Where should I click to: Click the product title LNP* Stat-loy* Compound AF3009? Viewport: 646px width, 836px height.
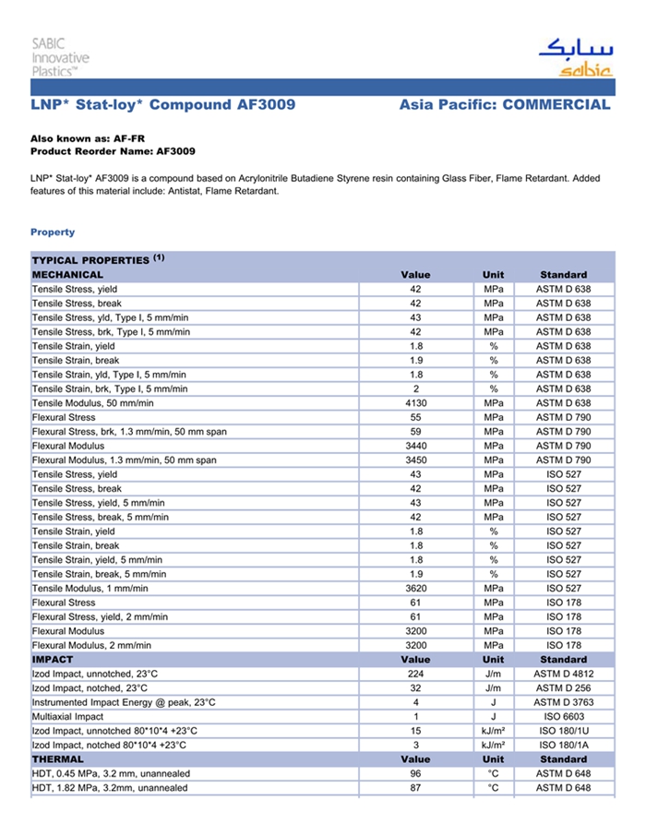[163, 105]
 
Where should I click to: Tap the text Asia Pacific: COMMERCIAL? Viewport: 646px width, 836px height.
[505, 105]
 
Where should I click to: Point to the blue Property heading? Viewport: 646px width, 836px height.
[53, 232]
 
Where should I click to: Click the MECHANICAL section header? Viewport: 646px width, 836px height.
[68, 275]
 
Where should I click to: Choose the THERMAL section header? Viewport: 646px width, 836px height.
[58, 759]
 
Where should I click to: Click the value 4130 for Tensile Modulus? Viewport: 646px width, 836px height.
[415, 403]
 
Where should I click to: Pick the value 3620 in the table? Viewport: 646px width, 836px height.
[415, 588]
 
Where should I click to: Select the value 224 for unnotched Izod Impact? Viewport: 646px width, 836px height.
[415, 675]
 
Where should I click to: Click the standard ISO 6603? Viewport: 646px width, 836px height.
[563, 717]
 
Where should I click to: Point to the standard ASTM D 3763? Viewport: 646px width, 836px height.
[563, 703]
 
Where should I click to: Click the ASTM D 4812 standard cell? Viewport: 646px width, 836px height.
[563, 675]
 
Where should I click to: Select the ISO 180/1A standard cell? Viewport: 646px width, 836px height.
[563, 746]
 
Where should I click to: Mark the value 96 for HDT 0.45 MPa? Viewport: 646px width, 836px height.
[415, 773]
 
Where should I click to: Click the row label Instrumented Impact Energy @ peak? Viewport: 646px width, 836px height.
[124, 703]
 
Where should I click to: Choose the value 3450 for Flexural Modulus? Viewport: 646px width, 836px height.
[415, 460]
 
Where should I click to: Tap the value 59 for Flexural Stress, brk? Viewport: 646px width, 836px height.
[415, 432]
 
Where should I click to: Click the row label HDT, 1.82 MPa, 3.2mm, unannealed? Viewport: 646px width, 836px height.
[110, 788]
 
